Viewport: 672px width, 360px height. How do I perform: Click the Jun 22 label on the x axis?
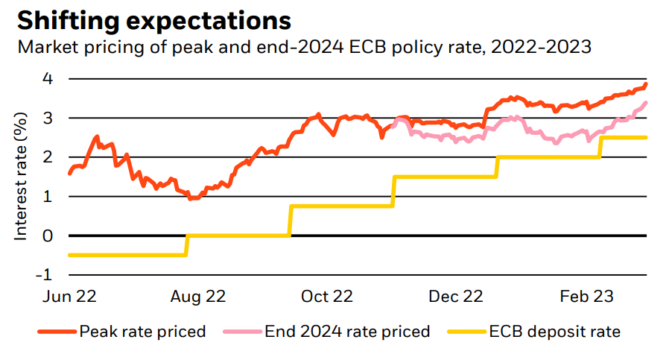click(x=70, y=297)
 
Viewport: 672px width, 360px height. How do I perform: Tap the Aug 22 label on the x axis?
click(x=199, y=297)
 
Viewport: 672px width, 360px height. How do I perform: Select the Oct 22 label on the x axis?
click(x=326, y=297)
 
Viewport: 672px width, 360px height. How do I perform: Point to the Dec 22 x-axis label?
click(x=457, y=297)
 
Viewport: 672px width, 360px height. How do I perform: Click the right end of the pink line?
click(x=645, y=103)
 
